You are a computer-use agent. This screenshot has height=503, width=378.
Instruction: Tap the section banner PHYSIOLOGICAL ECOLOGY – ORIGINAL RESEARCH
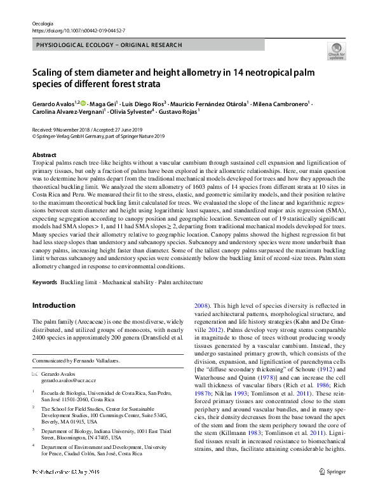tap(110, 45)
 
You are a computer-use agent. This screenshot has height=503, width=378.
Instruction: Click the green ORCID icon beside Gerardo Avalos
tap(84, 102)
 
